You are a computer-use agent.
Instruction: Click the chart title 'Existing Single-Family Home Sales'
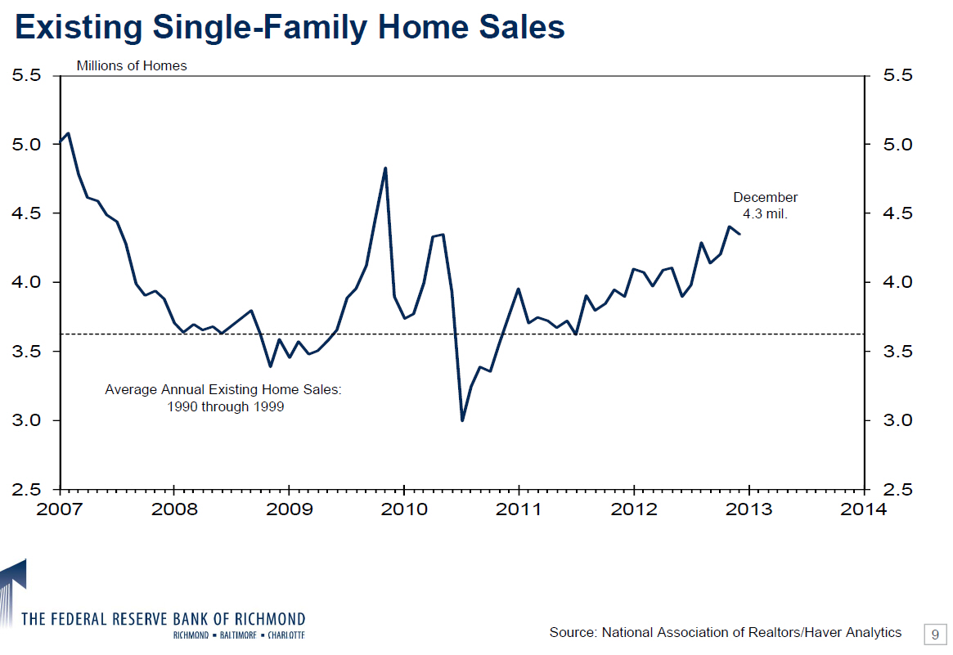point(290,28)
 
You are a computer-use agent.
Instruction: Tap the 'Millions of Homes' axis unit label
point(132,65)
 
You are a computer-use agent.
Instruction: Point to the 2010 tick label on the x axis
point(404,509)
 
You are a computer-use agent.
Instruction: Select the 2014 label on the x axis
point(865,509)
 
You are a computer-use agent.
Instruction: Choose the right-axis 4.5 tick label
point(897,213)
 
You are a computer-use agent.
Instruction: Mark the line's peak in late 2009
point(385,168)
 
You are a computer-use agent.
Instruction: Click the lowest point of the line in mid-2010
point(462,420)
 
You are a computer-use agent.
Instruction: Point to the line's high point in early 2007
point(68,132)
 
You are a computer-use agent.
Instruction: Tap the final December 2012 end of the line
point(740,235)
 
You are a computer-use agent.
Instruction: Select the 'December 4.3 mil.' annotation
point(765,206)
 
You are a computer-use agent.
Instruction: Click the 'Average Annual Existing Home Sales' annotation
point(223,398)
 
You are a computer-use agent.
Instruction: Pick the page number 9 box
point(934,634)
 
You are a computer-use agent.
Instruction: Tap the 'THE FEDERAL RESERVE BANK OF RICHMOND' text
point(164,618)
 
